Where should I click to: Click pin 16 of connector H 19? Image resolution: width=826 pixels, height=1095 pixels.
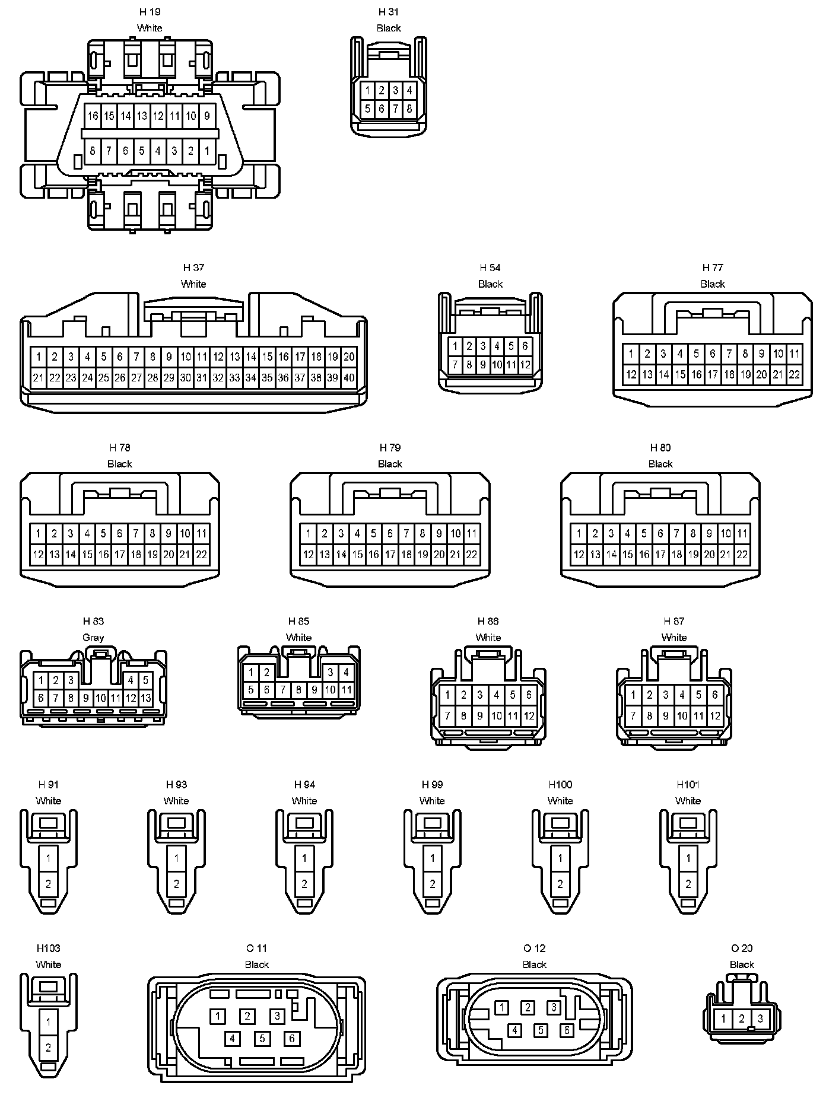93,116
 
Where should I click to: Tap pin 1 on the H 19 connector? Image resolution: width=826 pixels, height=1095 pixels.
207,151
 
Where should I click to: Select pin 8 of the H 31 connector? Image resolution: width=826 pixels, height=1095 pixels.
409,109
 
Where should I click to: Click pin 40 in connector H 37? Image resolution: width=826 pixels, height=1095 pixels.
349,377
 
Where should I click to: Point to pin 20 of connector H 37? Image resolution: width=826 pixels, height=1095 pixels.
349,357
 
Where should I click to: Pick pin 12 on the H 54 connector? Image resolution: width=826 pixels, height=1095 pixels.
525,365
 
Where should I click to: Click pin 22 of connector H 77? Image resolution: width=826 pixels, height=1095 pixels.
794,374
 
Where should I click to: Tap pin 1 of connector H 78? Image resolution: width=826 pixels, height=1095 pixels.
38,534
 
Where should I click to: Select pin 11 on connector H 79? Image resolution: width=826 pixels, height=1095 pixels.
472,534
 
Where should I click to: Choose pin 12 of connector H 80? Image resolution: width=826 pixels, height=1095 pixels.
579,555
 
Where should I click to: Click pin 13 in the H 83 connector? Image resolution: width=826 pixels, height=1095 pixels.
145,698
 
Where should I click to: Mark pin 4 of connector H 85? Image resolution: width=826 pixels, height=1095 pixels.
347,673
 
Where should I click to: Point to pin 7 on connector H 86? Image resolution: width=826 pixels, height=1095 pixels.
447,716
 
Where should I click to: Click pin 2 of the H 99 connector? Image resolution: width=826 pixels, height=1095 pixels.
433,884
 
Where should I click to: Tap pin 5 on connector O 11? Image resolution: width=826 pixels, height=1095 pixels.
262,1039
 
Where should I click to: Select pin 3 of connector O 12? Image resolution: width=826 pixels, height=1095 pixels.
554,1007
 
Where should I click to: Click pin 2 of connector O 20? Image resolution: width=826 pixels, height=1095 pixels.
742,1019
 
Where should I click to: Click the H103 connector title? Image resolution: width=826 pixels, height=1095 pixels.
48,948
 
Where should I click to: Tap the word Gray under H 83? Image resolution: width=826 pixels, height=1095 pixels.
93,638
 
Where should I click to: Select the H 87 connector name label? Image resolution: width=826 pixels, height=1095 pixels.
674,621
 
